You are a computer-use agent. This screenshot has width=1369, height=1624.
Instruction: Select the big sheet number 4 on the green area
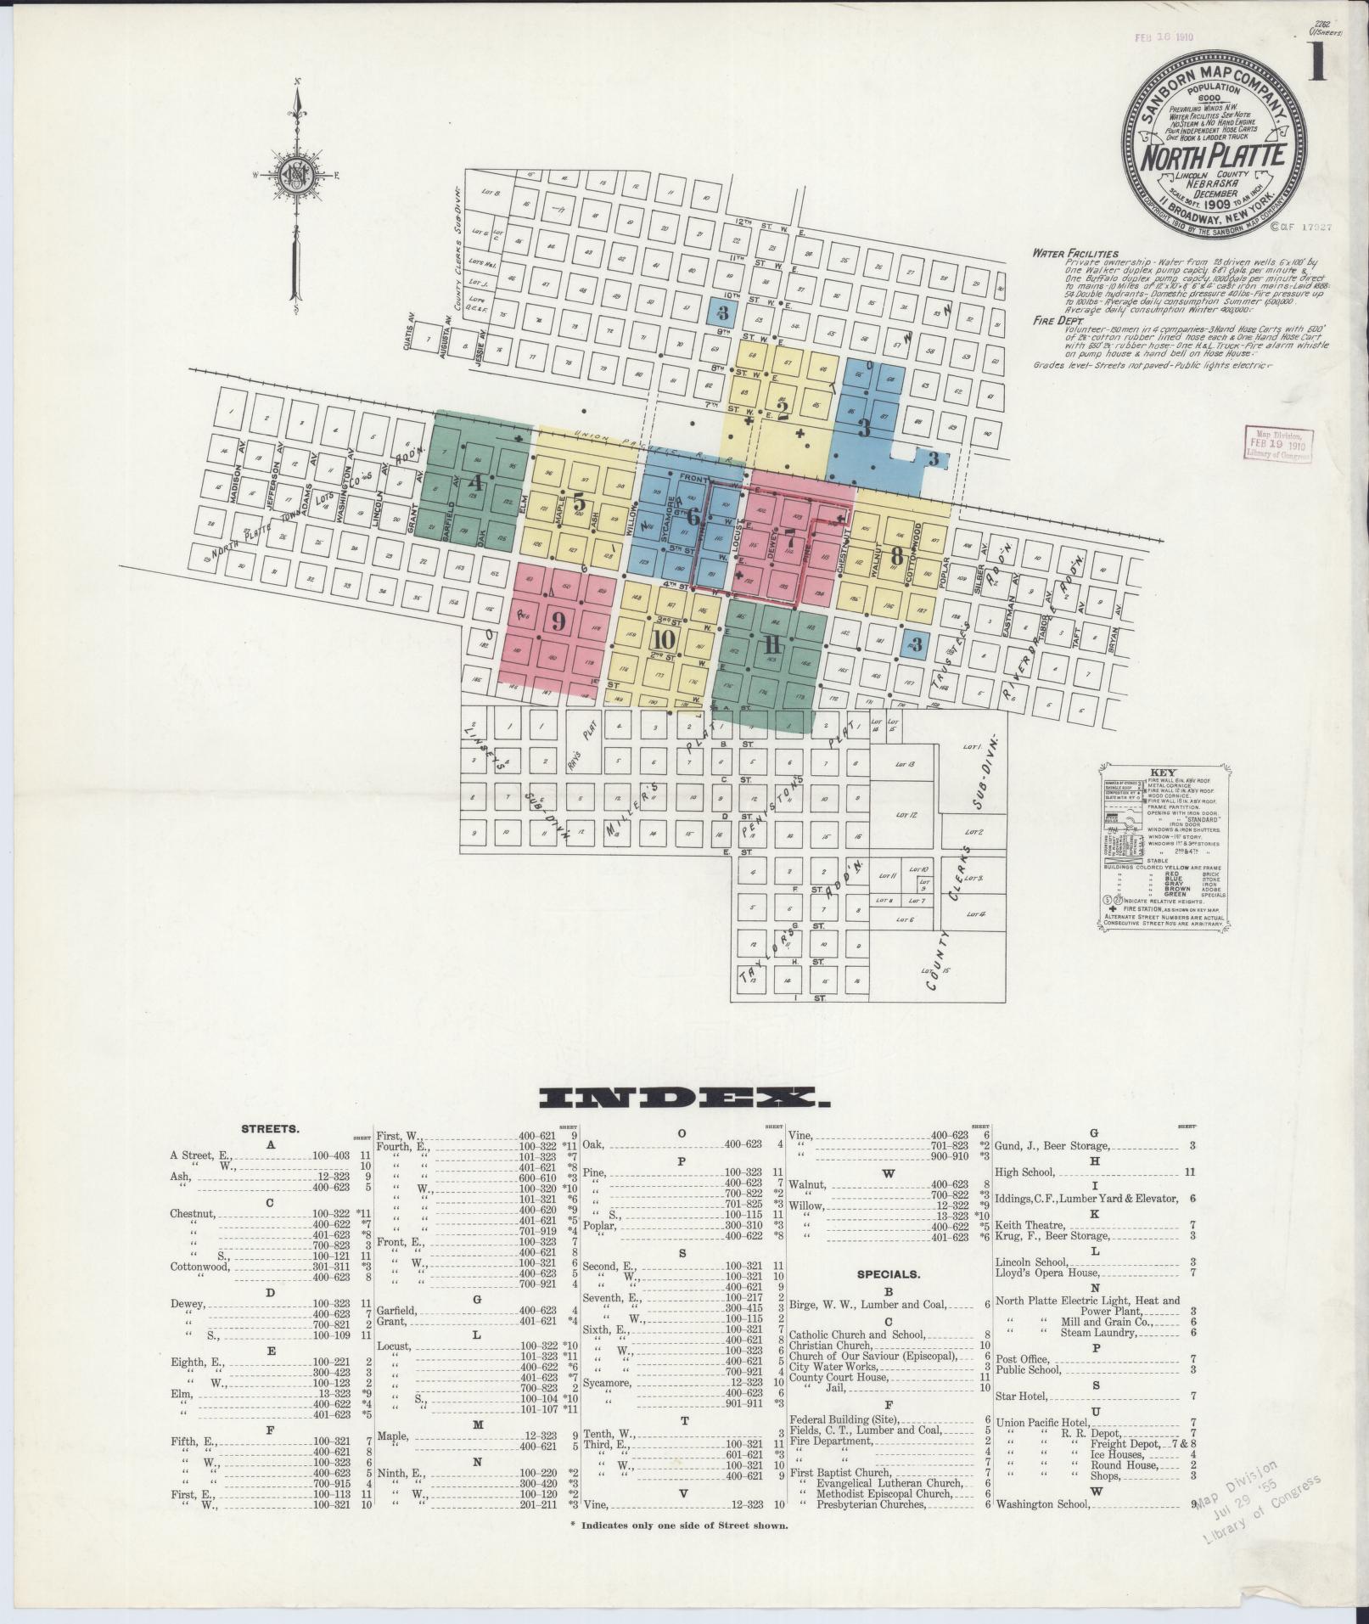pos(475,484)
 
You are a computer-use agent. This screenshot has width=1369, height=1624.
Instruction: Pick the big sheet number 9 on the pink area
pos(558,621)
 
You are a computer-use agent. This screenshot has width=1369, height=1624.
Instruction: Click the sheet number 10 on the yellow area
pos(664,639)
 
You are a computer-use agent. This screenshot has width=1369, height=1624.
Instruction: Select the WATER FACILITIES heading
pos(1074,254)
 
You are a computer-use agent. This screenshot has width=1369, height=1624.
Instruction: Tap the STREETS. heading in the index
pos(270,1129)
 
